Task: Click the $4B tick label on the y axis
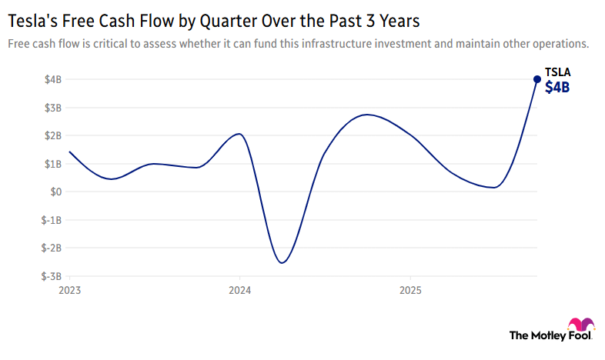coord(52,79)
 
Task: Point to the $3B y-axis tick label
coord(52,108)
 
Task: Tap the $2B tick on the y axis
coord(52,135)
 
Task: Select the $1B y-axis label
coord(52,164)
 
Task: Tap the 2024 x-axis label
coord(239,291)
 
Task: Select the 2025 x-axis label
coord(410,291)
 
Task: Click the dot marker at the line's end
coord(537,79)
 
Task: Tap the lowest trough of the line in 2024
coord(282,263)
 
